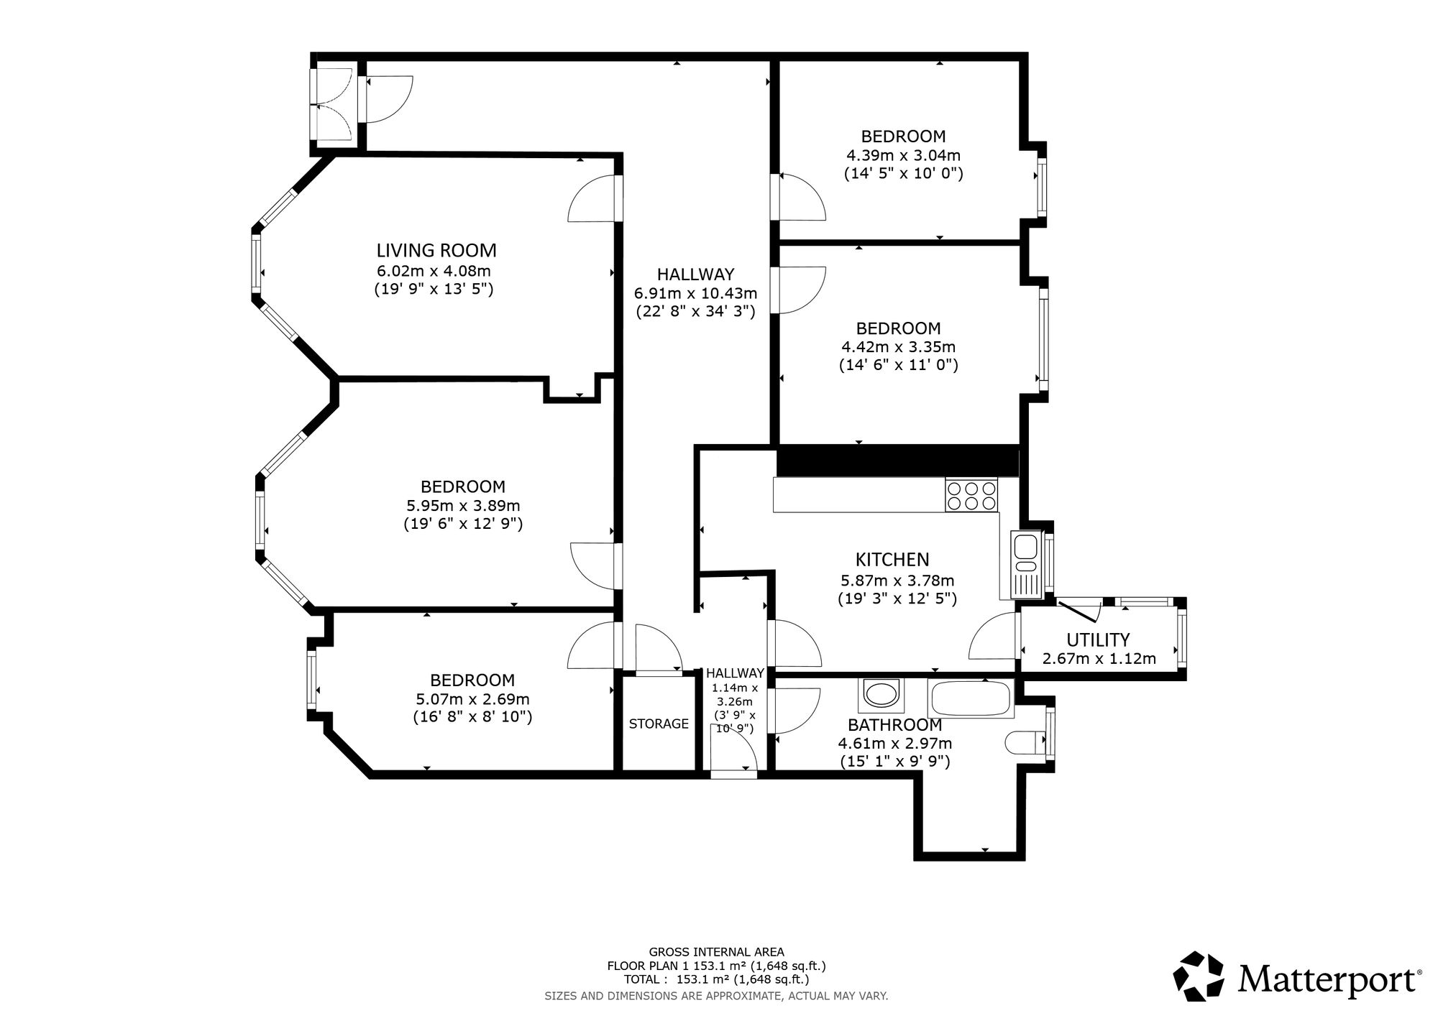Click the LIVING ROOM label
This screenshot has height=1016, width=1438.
[x=436, y=250]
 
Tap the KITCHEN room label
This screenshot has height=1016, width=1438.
[x=892, y=559]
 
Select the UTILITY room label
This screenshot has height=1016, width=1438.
[x=1098, y=639]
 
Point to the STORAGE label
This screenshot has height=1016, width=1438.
[x=659, y=724]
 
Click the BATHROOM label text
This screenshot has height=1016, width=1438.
[x=894, y=725]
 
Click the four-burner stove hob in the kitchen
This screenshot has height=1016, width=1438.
[x=972, y=495]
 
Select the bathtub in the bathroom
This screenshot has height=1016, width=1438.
[x=971, y=698]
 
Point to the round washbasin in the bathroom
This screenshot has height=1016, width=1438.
[x=880, y=695]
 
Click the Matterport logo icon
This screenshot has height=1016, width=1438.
[x=1199, y=976]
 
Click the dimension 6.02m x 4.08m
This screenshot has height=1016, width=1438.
[x=434, y=271]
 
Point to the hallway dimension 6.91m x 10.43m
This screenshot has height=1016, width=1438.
[x=695, y=293]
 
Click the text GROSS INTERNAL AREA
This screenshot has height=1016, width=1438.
[x=716, y=952]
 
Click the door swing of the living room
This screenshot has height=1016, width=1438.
[x=592, y=198]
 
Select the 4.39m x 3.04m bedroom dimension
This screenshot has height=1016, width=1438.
[x=903, y=154]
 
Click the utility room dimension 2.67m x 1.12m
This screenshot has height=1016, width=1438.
[x=1099, y=658]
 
